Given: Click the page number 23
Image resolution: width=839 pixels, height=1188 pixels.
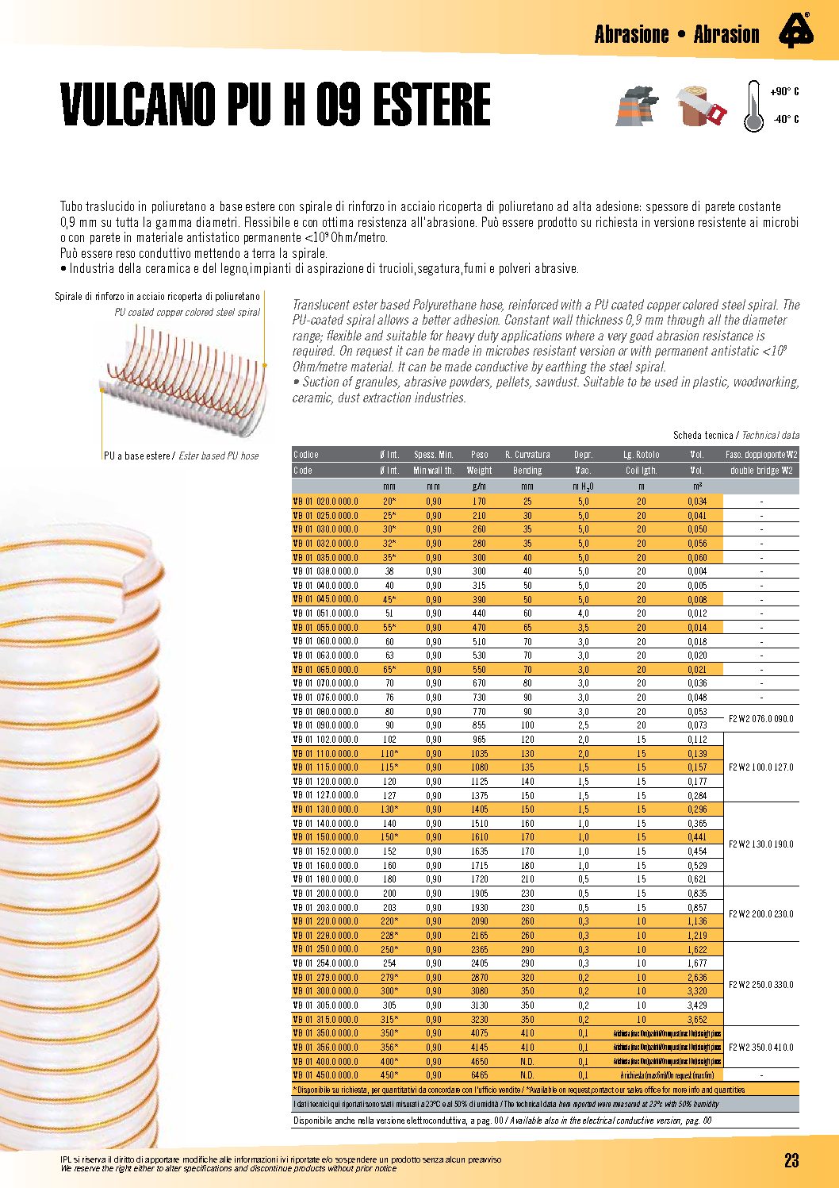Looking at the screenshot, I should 791,1160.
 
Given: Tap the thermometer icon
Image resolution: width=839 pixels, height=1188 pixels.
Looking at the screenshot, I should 753,106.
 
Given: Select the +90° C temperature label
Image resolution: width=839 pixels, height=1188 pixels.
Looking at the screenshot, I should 785,92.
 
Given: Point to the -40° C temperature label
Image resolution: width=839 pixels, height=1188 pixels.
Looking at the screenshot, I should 785,120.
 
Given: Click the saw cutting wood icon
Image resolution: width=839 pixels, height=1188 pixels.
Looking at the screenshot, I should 701,106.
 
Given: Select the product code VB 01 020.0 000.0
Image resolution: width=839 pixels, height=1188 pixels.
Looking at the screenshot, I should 326,502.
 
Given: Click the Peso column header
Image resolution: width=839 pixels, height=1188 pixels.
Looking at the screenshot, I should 479,455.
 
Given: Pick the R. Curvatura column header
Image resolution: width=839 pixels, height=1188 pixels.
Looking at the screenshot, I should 527,455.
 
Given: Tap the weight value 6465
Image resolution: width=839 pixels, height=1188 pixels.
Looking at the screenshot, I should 479,1075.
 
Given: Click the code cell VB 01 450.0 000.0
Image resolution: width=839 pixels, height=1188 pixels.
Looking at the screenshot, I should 326,1075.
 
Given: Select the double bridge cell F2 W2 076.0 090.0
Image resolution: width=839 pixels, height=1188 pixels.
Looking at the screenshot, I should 760,719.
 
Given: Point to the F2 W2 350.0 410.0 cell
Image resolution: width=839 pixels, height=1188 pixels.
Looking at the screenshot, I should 760,1048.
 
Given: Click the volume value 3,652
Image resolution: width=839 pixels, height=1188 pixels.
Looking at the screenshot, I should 697,1020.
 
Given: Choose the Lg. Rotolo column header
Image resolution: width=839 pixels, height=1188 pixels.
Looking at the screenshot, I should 641,455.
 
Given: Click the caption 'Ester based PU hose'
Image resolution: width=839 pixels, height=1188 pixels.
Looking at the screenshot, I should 219,456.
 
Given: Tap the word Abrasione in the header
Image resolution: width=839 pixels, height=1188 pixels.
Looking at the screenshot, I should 632,34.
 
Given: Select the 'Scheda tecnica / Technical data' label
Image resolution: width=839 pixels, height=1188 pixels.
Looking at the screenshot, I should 736,436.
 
